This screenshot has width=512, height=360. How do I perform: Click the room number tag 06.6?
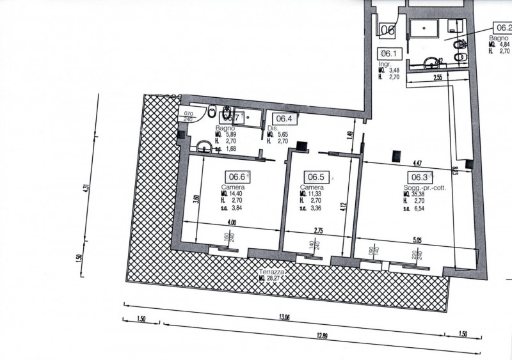[x=237, y=178]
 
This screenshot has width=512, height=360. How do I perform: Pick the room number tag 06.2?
[x=502, y=27]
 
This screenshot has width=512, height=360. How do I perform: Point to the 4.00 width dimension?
[x=231, y=223]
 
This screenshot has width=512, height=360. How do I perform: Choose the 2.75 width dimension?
[x=317, y=230]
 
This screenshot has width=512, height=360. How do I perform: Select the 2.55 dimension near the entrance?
[x=438, y=77]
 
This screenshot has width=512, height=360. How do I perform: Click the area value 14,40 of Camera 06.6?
[x=239, y=193]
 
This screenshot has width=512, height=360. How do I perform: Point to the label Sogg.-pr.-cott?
[x=424, y=187]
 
